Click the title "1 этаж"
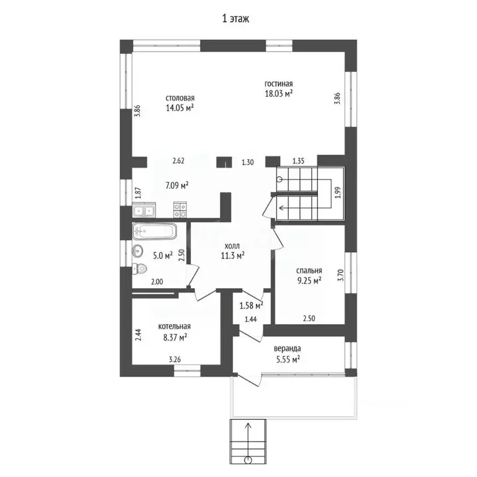pyautogui.click(x=236, y=19)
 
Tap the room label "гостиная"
pyautogui.click(x=279, y=84)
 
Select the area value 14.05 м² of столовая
pyautogui.click(x=180, y=107)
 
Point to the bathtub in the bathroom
pyautogui.click(x=154, y=232)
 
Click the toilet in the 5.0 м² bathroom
pyautogui.click(x=140, y=268)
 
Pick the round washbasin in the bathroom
pyautogui.click(x=137, y=252)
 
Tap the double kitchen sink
pyautogui.click(x=144, y=211)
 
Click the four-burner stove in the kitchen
pyautogui.click(x=179, y=210)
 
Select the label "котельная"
pyautogui.click(x=175, y=327)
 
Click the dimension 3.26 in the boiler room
pyautogui.click(x=175, y=359)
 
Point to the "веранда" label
pyautogui.click(x=288, y=348)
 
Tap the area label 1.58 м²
pyautogui.click(x=252, y=306)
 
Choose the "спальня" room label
pyautogui.click(x=309, y=270)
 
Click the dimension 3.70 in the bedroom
pyautogui.click(x=341, y=275)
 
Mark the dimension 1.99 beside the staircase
pyautogui.click(x=338, y=193)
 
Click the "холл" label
pyautogui.click(x=232, y=246)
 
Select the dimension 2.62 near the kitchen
pyautogui.click(x=179, y=161)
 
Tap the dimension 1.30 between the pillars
pyautogui.click(x=248, y=162)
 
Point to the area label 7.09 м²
pyautogui.click(x=177, y=185)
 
